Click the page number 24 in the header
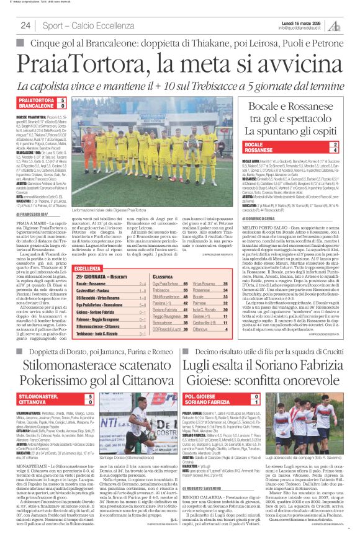[x=25, y=25]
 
